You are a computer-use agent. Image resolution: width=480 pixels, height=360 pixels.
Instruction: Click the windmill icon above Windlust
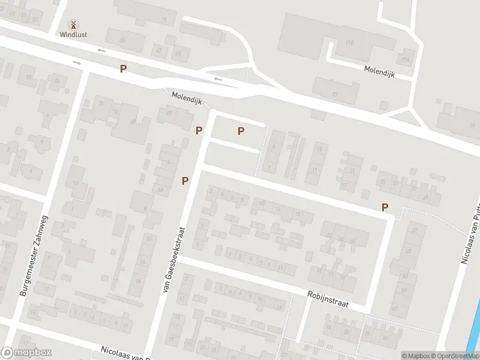73,25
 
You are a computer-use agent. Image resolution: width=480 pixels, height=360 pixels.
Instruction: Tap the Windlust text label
73,35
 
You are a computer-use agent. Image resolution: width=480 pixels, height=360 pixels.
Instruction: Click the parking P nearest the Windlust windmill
123,68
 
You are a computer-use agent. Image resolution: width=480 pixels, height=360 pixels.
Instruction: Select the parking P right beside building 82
199,130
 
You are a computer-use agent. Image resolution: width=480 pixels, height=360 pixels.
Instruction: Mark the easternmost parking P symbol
385,207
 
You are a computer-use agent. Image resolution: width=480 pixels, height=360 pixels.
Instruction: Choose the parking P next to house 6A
185,180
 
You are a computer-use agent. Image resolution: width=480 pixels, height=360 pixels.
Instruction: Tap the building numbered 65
122,40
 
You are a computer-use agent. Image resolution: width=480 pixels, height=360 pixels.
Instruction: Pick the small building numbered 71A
406,60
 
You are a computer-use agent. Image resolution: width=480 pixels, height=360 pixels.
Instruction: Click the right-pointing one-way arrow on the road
76,62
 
